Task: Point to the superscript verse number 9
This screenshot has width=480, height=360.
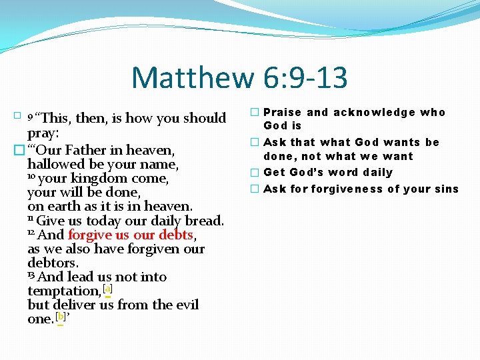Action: tap(30, 119)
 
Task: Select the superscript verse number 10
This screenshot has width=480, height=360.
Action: tap(31, 177)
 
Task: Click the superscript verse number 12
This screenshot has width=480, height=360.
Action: tap(31, 233)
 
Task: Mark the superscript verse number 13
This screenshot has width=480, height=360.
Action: tap(31, 275)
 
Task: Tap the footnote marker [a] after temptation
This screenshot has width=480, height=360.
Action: tap(108, 289)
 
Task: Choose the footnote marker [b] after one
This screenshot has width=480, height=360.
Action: tap(60, 317)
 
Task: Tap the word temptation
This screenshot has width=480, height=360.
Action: tap(64, 291)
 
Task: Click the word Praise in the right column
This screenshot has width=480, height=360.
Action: tap(283, 113)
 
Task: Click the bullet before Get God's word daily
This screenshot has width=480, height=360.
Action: tap(254, 173)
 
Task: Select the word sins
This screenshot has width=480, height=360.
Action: tap(446, 189)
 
